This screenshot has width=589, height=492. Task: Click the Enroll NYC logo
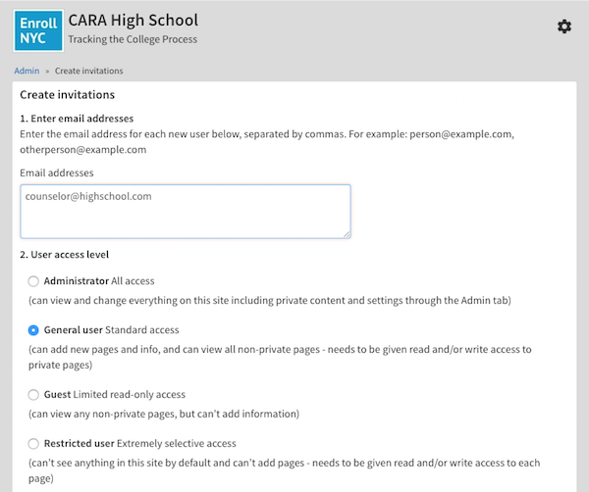point(39,29)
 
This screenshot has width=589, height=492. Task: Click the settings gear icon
point(563,26)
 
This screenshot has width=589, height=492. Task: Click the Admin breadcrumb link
point(27,71)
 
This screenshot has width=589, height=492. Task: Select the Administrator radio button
point(34,281)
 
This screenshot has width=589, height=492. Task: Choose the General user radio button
point(34,330)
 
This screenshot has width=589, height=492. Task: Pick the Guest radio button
point(34,394)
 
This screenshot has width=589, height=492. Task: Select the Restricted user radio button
point(34,443)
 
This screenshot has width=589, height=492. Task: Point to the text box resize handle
point(346,233)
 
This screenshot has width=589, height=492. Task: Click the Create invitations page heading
point(68,95)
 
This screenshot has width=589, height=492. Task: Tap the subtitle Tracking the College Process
point(133,39)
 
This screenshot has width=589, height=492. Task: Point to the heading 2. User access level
point(65,255)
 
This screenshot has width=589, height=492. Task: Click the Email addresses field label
point(57,172)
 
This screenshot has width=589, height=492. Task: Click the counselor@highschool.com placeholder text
point(88,196)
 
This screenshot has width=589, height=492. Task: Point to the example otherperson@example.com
point(83,150)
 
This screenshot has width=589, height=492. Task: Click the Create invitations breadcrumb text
point(89,71)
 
